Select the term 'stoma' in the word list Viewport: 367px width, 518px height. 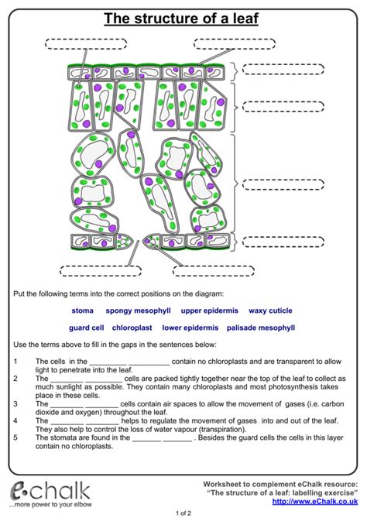[82, 310]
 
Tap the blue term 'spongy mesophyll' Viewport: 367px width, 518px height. [138, 310]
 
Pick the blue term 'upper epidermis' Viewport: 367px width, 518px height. [210, 310]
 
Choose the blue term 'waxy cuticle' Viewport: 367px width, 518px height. [270, 310]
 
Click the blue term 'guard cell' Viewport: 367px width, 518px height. [86, 328]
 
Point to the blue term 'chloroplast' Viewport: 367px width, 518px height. [132, 328]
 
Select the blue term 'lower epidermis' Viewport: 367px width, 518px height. [188, 328]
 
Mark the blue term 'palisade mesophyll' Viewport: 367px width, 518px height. [261, 328]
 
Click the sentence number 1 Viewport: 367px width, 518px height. [16, 362]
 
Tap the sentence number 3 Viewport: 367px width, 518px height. [16, 404]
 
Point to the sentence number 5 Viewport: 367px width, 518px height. [16, 437]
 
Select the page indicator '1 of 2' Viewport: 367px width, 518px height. [183, 512]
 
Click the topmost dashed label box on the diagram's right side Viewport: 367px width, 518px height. [282, 68]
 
